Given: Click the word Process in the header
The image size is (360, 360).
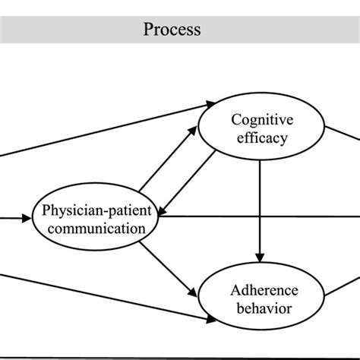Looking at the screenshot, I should click(172, 30).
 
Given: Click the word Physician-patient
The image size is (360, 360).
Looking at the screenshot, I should click(96, 210).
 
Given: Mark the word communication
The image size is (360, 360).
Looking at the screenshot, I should click(96, 228).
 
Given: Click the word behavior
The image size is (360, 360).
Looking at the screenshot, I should click(261, 308).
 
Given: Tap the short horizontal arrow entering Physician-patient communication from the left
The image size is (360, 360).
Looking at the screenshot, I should click(15, 219).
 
